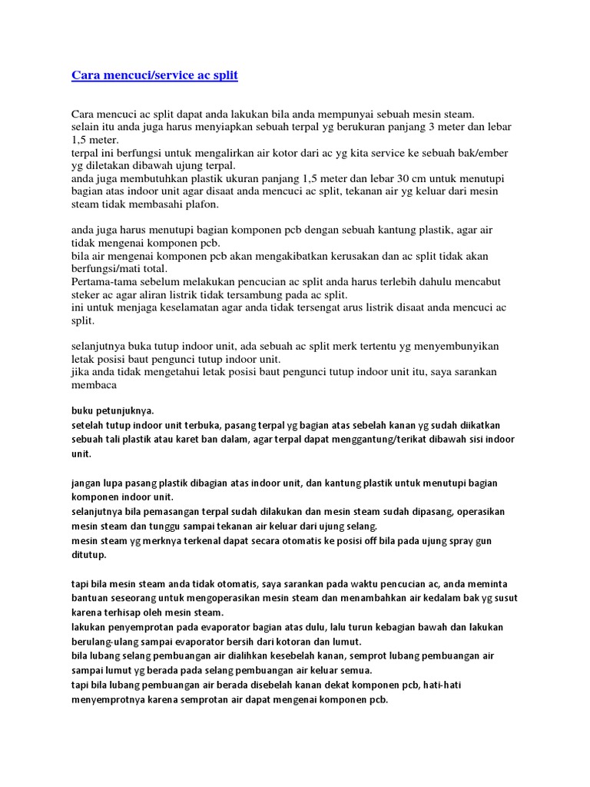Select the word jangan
pos(86,483)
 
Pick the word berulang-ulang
pos(103,641)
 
